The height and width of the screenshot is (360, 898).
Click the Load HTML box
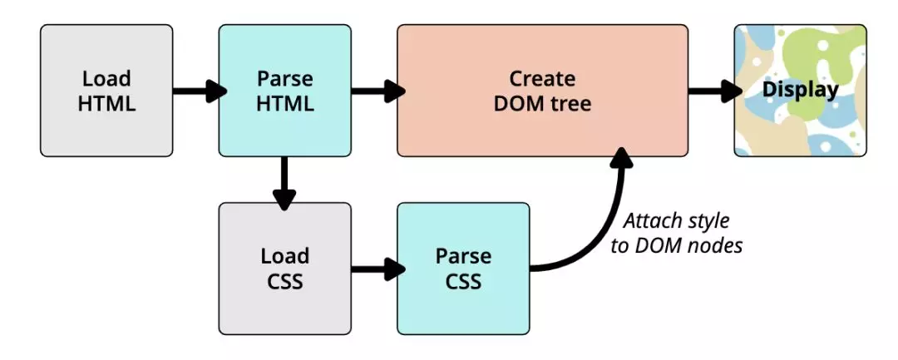coord(106,91)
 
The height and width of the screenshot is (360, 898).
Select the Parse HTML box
coord(284,91)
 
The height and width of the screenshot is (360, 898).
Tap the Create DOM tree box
coord(542,91)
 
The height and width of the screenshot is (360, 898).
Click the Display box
coord(800,91)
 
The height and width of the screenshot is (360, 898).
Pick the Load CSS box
coord(284,268)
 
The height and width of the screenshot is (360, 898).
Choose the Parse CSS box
coord(463,268)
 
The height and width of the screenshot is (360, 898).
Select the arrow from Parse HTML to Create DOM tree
coord(376,91)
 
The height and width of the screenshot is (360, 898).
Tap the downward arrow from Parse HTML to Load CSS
coord(284,181)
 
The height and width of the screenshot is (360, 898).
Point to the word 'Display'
coord(800,89)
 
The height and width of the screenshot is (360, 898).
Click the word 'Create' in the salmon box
coord(542,79)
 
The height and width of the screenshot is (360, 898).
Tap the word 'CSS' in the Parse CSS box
coord(463,281)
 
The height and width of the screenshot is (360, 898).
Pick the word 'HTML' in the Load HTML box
coord(106,103)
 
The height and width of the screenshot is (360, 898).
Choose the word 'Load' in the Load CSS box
coord(284,255)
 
